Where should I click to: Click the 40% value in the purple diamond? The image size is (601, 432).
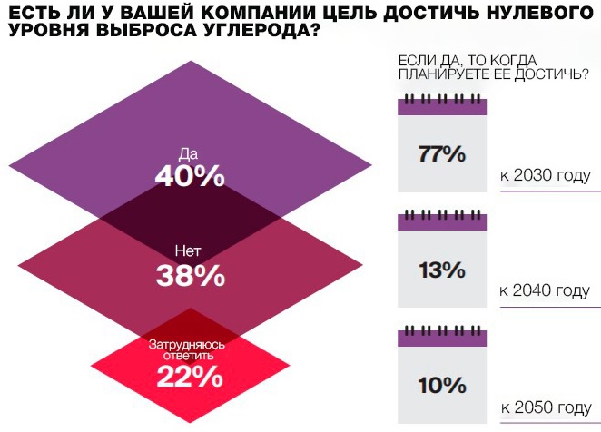click(189, 175)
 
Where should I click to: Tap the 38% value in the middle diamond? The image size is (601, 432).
click(189, 275)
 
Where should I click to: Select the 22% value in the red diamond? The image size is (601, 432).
click(189, 375)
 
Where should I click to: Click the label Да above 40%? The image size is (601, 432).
click(189, 152)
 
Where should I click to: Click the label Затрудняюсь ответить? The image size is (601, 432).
click(189, 349)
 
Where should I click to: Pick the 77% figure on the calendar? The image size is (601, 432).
click(442, 154)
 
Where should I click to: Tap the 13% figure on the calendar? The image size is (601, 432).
click(442, 270)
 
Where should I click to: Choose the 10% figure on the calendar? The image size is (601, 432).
click(442, 385)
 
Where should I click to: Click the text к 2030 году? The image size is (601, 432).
click(545, 175)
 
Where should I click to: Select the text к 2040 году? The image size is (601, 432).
click(545, 290)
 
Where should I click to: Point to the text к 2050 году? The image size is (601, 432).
click(545, 407)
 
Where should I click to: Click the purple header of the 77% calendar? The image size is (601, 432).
click(442, 107)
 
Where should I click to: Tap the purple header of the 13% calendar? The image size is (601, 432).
click(442, 222)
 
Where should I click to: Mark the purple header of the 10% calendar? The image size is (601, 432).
click(442, 339)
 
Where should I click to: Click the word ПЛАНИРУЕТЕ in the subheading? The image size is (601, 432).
click(445, 74)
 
